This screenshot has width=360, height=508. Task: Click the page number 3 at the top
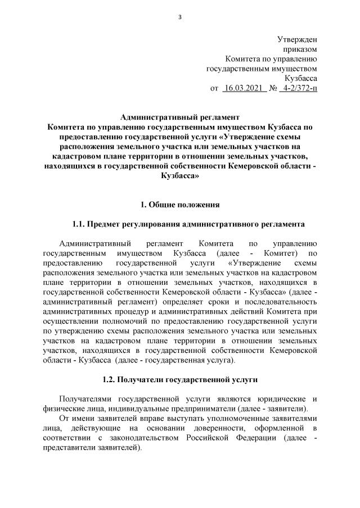point(180,16)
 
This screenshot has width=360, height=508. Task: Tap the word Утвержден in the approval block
point(298,39)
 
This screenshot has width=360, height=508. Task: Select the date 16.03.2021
point(244,88)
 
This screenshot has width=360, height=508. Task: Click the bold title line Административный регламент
point(180,117)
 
